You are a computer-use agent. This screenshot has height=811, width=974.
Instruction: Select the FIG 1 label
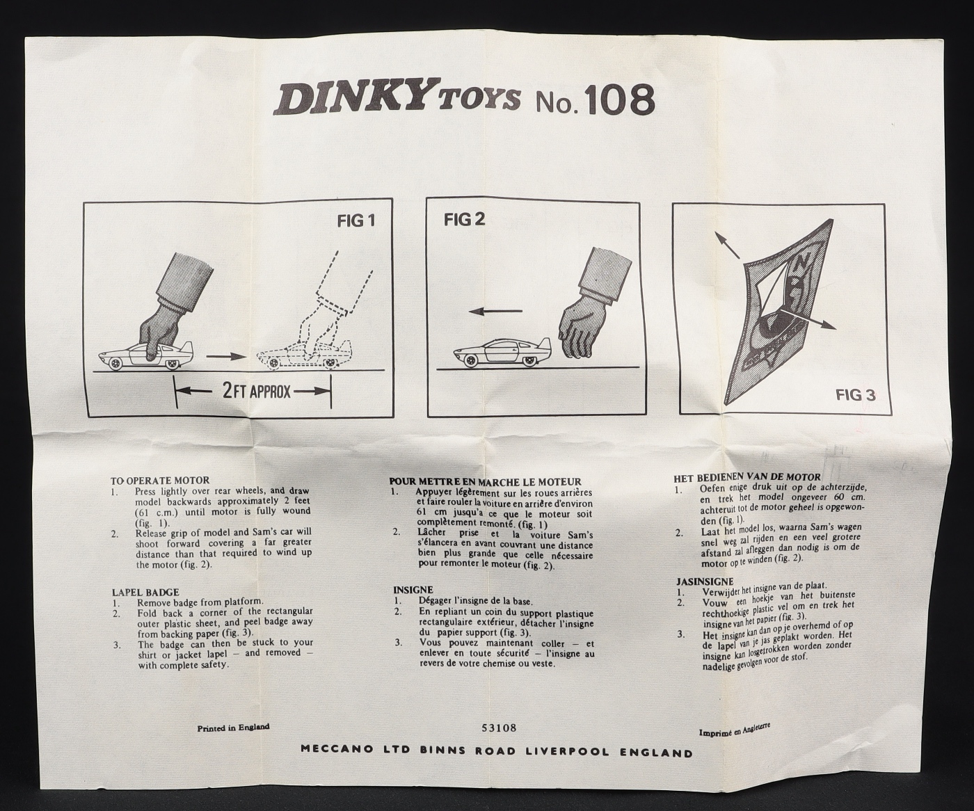(x=356, y=220)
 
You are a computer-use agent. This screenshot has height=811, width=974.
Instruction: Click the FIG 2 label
(x=464, y=218)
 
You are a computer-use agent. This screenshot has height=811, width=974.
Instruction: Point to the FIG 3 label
(x=856, y=396)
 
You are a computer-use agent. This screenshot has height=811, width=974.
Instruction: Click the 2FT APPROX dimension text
(x=257, y=391)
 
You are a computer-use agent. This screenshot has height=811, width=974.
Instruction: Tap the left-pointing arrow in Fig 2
(x=495, y=311)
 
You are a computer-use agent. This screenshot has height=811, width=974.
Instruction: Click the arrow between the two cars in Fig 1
(x=226, y=356)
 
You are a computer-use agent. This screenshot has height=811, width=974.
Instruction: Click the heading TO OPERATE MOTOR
(x=160, y=480)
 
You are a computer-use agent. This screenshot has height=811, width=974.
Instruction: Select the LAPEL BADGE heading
(x=145, y=593)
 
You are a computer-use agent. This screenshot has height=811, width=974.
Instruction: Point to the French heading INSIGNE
(x=413, y=590)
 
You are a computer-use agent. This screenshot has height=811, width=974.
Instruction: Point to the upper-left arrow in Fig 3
(x=727, y=244)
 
